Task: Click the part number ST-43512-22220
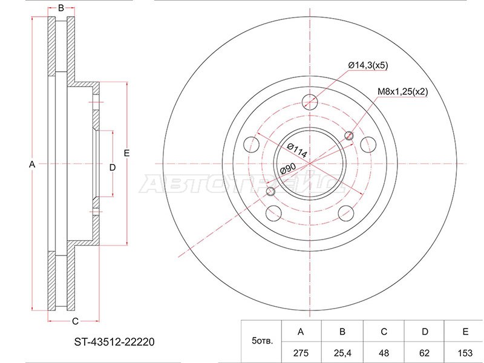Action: point(111,341)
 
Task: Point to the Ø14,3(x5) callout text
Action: point(367,65)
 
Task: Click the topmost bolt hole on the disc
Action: point(310,101)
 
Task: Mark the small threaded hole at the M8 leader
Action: point(348,135)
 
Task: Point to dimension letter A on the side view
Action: point(33,165)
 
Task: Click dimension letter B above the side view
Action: point(60,8)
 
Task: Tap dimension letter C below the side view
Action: point(74,321)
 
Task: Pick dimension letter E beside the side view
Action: point(126,153)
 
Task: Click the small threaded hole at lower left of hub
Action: point(270,192)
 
